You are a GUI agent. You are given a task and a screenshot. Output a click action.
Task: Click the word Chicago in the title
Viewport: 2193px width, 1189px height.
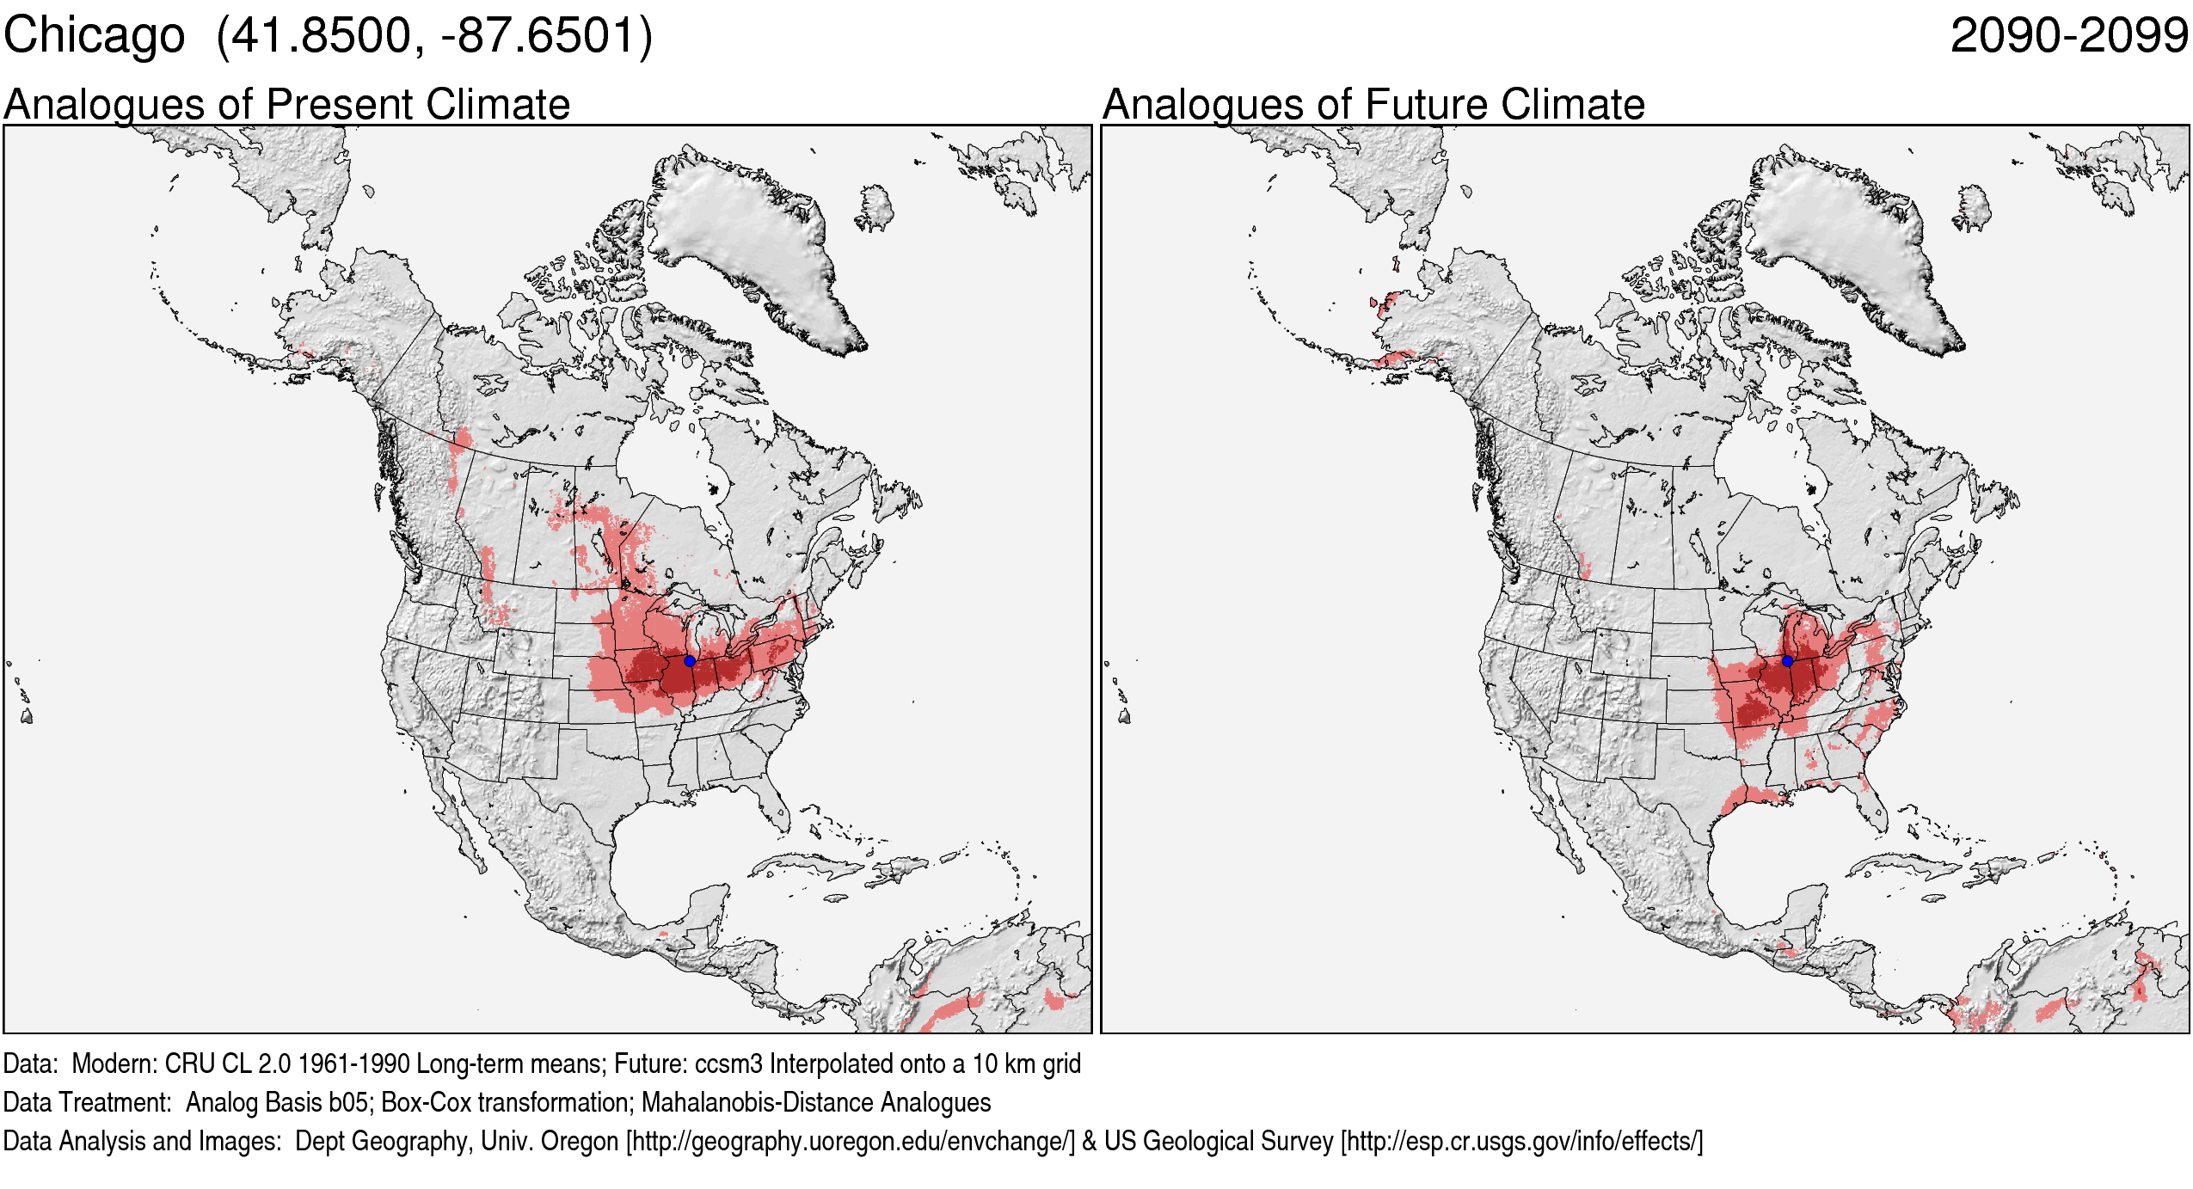coord(94,36)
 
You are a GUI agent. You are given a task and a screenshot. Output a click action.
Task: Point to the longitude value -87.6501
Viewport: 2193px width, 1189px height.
coord(534,36)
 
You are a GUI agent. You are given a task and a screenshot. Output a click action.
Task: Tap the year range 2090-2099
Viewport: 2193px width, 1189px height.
coord(2068,36)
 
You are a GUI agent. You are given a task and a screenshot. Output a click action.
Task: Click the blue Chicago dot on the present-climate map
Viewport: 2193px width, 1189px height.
coord(690,661)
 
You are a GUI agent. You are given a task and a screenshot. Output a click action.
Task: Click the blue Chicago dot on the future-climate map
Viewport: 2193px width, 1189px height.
coord(1787,661)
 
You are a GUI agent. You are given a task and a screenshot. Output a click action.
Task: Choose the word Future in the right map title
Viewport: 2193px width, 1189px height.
coord(1428,105)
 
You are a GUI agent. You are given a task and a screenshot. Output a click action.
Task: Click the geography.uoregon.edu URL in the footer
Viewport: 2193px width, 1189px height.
coord(851,1142)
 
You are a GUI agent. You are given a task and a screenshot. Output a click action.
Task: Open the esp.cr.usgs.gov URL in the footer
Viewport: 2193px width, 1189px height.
coord(1521,1142)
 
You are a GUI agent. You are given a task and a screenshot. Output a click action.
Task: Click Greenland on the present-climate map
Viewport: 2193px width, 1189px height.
coord(748,241)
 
